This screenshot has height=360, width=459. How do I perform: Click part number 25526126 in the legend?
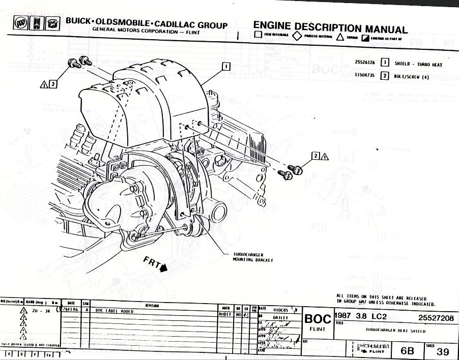point(365,63)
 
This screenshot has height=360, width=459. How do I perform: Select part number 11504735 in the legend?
point(365,75)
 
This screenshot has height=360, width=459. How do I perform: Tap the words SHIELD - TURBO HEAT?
point(418,65)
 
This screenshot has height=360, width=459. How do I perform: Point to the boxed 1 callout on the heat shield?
point(226,66)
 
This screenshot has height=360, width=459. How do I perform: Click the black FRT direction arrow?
point(163,268)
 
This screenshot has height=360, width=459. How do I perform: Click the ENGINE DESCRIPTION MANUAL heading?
point(330,27)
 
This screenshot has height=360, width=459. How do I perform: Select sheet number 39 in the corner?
point(443,351)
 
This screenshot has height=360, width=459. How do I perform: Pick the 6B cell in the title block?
point(407,351)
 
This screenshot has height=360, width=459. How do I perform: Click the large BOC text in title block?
point(318,319)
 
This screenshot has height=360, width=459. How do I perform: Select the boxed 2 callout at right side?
point(315,156)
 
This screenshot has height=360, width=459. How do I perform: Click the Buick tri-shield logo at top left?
point(21,23)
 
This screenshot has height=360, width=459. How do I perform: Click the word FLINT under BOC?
point(318,329)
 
